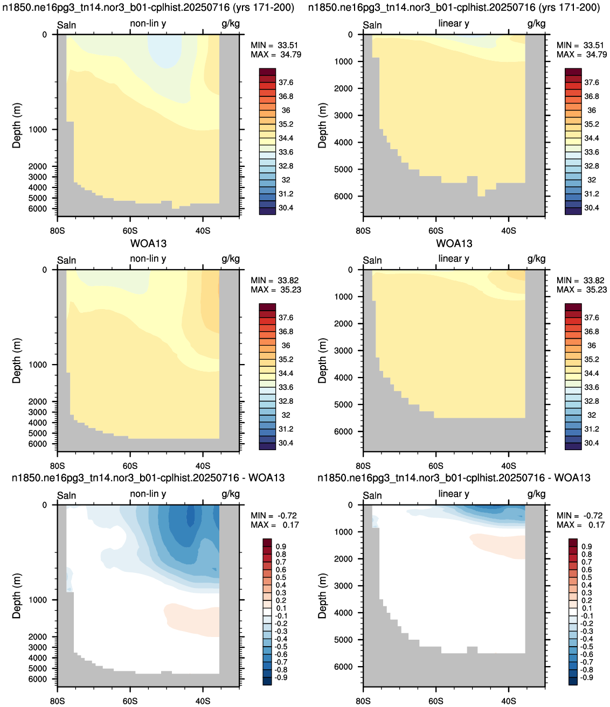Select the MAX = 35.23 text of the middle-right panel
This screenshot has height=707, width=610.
tap(581, 290)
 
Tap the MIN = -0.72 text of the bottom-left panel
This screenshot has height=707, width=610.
tap(274, 515)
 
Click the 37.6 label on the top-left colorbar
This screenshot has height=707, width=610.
tap(286, 82)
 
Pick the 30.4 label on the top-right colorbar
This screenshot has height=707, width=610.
tap(592, 208)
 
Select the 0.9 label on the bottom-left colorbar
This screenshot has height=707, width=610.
tap(281, 547)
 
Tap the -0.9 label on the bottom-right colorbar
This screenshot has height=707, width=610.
tap(586, 677)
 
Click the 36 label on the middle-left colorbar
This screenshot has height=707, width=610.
tap(286, 346)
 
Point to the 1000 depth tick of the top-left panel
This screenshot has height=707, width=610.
tap(38, 130)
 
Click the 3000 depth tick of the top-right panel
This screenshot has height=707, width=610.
tap(343, 115)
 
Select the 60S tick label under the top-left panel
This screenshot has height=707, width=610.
tap(130, 230)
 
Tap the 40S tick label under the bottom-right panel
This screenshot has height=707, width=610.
tap(509, 701)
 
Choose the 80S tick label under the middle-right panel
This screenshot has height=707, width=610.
tap(363, 466)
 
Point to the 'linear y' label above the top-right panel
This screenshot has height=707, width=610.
tap(454, 24)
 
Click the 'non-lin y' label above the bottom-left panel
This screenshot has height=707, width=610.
tap(148, 494)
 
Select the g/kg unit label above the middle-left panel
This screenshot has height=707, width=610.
tap(231, 259)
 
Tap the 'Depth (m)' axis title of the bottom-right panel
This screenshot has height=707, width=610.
tap(322, 595)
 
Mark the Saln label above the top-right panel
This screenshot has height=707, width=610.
tap(372, 25)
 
